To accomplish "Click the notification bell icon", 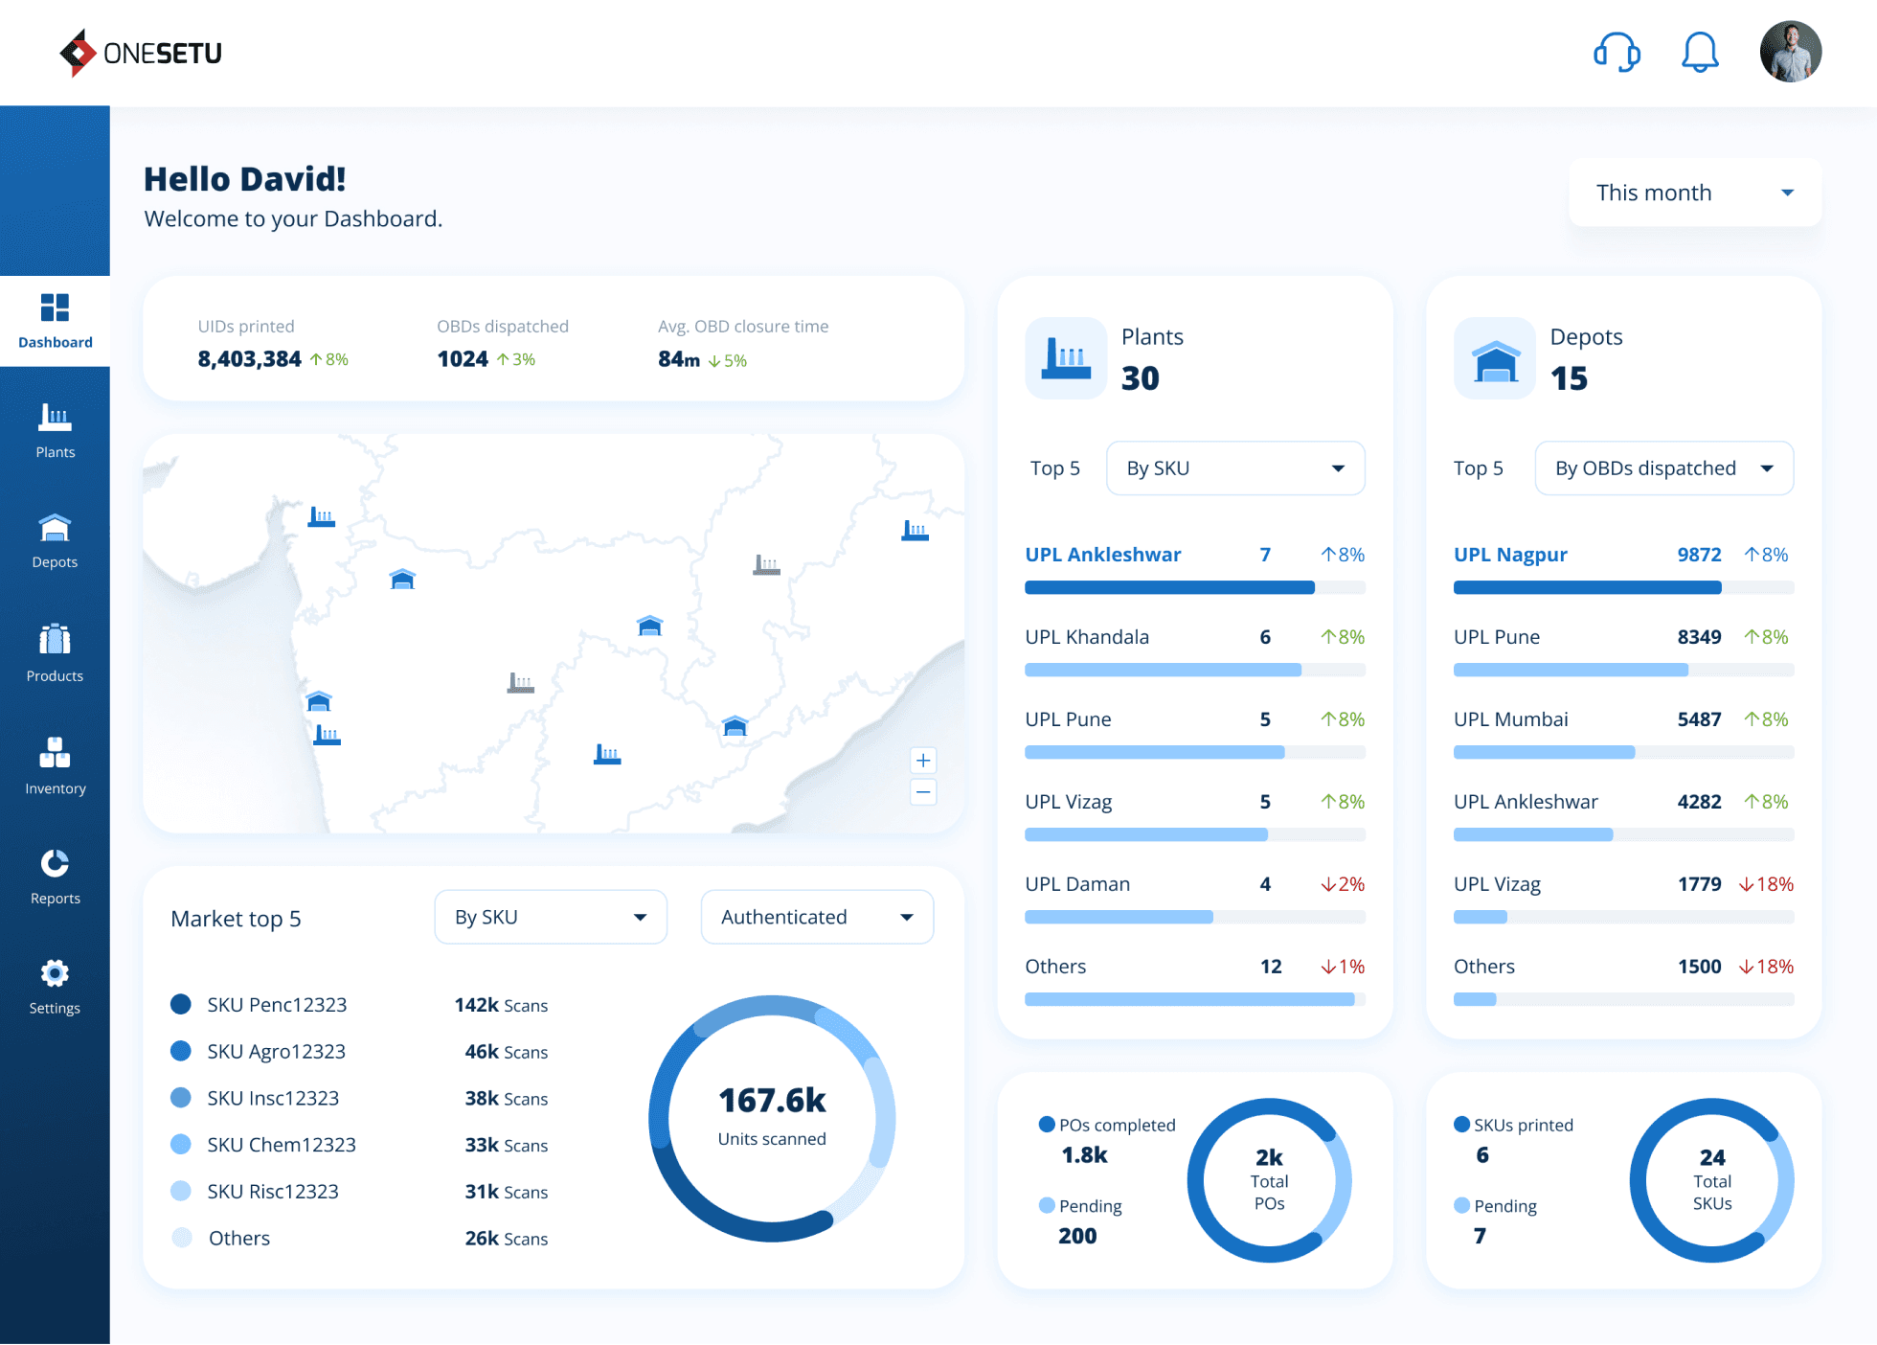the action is [x=1700, y=52].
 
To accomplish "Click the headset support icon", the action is [x=1617, y=52].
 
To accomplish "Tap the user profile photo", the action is [x=1790, y=52].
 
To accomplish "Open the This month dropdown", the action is [x=1695, y=193].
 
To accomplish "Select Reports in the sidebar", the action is [x=55, y=877].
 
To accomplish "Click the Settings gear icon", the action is [x=55, y=973].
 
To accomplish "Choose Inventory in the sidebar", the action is [x=55, y=765].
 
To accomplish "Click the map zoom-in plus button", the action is [x=923, y=761].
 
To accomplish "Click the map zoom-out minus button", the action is [x=923, y=792].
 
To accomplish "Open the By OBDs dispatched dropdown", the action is [x=1663, y=468].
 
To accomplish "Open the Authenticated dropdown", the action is [x=817, y=917].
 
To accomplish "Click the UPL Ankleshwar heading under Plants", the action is [x=1102, y=555].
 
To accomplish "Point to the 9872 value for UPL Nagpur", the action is [x=1699, y=555].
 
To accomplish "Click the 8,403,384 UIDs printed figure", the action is [x=249, y=359].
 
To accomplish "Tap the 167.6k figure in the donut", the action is [x=772, y=1101].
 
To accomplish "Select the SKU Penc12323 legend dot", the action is [x=180, y=1004].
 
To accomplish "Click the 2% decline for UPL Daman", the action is [x=1343, y=884].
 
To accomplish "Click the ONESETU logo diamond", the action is [x=78, y=53].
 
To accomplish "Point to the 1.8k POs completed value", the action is [x=1084, y=1155].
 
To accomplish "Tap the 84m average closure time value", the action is [x=678, y=359].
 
